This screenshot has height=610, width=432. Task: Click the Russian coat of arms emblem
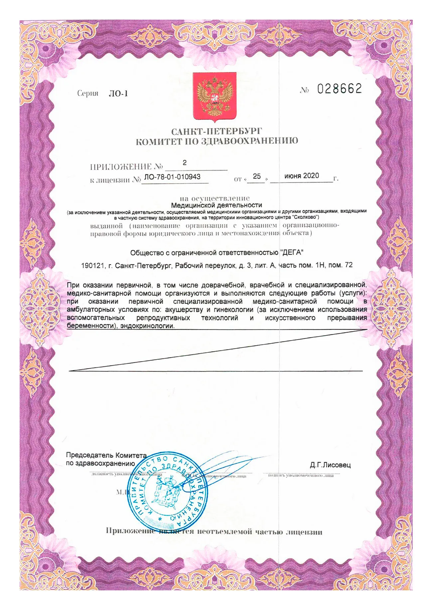215,96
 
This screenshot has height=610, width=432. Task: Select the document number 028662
339,89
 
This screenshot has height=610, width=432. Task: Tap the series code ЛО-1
118,94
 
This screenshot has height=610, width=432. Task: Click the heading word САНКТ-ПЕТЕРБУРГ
216,132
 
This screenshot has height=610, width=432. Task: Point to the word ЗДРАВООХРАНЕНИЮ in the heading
249,142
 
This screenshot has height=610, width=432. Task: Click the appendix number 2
185,163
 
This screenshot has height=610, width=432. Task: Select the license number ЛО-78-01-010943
172,177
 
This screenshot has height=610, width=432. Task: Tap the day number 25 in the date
257,176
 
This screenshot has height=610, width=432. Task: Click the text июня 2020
301,176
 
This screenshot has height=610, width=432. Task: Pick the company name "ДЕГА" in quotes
292,253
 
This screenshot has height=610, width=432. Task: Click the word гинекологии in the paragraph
231,310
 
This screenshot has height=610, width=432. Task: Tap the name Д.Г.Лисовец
330,465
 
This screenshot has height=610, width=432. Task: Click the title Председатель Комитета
106,455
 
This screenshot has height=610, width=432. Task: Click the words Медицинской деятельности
216,205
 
